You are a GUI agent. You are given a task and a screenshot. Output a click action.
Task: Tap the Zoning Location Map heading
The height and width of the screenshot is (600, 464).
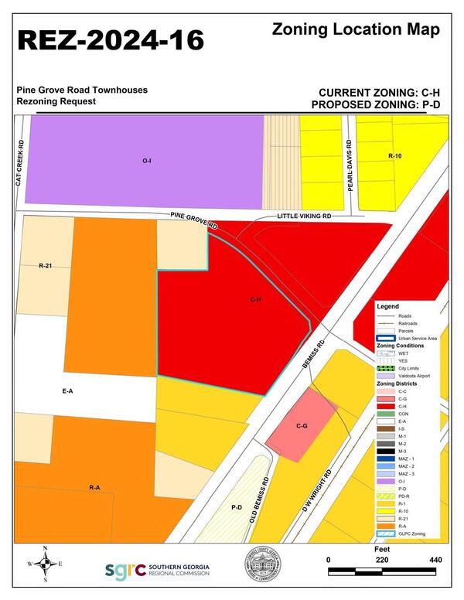click(357, 30)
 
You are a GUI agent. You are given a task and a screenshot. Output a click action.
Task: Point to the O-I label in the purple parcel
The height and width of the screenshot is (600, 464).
click(146, 162)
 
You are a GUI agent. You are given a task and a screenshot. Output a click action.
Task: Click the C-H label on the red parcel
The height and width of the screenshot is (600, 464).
click(255, 298)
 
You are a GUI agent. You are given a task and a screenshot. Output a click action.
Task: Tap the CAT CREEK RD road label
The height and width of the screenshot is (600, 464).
click(19, 162)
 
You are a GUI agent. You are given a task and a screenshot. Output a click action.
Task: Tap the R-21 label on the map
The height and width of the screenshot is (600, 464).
click(45, 265)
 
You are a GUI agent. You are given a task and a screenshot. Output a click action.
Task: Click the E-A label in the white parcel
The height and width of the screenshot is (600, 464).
click(67, 392)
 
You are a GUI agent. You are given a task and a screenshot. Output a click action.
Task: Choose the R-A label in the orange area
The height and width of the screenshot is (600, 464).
click(94, 487)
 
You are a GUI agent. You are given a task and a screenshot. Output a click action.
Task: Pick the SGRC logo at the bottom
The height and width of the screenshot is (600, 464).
click(157, 570)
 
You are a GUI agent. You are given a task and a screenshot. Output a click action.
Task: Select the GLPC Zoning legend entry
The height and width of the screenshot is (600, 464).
click(415, 533)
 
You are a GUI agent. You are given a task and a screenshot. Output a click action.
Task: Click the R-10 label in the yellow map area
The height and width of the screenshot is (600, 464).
click(394, 156)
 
